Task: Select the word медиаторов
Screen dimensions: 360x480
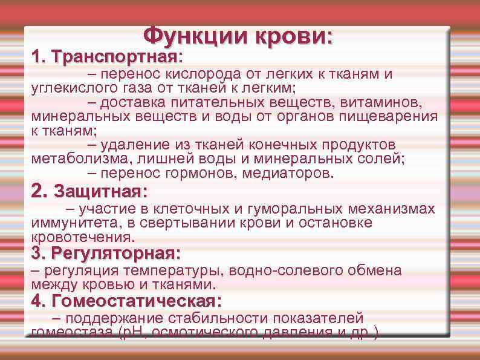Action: (282, 173)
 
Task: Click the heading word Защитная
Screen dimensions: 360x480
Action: (97, 193)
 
